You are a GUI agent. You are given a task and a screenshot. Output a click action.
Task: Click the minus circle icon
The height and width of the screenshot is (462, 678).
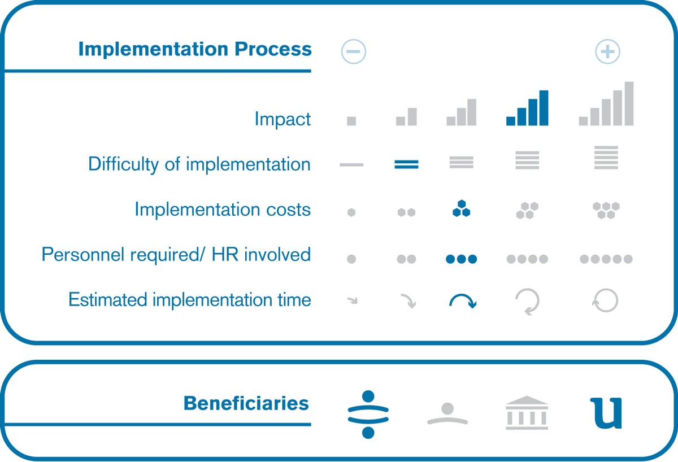(354, 51)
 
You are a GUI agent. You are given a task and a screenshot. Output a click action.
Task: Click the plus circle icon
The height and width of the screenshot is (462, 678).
(607, 51)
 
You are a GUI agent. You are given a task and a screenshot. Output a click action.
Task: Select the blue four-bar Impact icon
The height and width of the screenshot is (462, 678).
(527, 108)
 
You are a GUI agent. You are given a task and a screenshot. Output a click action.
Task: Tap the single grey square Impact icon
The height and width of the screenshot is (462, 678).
(351, 121)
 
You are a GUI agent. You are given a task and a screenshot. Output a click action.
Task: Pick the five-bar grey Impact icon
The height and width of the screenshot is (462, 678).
(606, 103)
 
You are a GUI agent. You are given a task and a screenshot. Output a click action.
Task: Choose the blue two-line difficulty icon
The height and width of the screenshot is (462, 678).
(406, 164)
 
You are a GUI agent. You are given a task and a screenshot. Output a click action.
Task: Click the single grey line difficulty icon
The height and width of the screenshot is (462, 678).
(351, 165)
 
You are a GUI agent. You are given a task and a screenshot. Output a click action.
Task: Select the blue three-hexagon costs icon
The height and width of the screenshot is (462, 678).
(461, 208)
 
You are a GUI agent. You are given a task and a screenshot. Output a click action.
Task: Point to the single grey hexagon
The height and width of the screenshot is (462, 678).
(351, 212)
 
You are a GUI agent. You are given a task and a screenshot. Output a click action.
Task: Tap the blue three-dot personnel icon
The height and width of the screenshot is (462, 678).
(461, 259)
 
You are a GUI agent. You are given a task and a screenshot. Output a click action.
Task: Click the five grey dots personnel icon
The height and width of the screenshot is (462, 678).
(606, 259)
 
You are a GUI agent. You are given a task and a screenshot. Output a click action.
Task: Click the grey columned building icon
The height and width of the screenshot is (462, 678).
(527, 413)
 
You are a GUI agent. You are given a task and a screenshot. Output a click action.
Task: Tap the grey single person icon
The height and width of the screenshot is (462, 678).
(447, 413)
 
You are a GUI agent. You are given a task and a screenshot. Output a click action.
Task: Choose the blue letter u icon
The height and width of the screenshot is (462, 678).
(606, 413)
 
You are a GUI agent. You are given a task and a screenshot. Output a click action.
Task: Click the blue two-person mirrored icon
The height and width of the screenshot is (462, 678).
(368, 415)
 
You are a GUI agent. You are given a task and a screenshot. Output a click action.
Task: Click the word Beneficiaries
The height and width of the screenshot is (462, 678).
(246, 403)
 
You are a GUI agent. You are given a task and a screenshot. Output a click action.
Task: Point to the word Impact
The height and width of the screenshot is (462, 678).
(282, 119)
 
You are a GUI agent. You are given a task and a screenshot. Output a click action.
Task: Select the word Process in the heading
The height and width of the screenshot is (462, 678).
(273, 49)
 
